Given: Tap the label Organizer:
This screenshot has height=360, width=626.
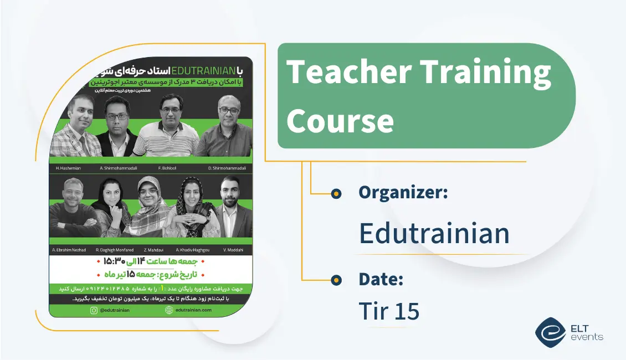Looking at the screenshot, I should coord(403,193).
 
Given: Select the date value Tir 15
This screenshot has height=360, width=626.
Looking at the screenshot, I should coord(389,311).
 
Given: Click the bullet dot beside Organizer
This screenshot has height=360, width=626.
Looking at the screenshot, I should coord(336,193).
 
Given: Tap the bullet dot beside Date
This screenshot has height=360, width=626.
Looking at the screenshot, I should coord(336,280).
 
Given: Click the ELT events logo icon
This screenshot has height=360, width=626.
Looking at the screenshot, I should coord(551,332).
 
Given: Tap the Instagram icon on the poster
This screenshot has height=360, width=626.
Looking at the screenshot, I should coord(94,310).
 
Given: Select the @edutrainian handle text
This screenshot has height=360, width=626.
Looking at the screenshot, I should coord(115,310).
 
